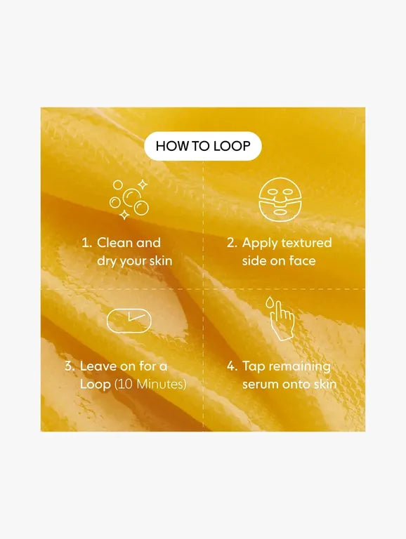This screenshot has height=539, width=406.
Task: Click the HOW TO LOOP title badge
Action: [x=202, y=146]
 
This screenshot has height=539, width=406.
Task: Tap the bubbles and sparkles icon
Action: [x=129, y=199]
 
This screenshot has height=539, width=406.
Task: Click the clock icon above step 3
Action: [x=129, y=320]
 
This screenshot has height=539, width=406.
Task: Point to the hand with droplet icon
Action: [x=282, y=320]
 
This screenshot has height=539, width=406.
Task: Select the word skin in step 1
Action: [x=159, y=261]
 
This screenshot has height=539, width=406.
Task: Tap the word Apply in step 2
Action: [x=259, y=243]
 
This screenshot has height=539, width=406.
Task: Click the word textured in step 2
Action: [x=306, y=243]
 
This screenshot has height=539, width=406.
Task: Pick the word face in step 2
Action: [x=302, y=261]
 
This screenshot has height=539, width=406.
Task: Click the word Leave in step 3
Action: [x=97, y=366]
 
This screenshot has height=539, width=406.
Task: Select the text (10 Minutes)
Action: [x=150, y=385]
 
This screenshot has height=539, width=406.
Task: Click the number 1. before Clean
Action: [x=86, y=243]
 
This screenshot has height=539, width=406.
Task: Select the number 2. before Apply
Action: [x=232, y=243]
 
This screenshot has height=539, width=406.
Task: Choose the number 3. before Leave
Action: [x=70, y=366]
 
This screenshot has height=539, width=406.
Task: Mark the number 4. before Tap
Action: [x=232, y=366]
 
